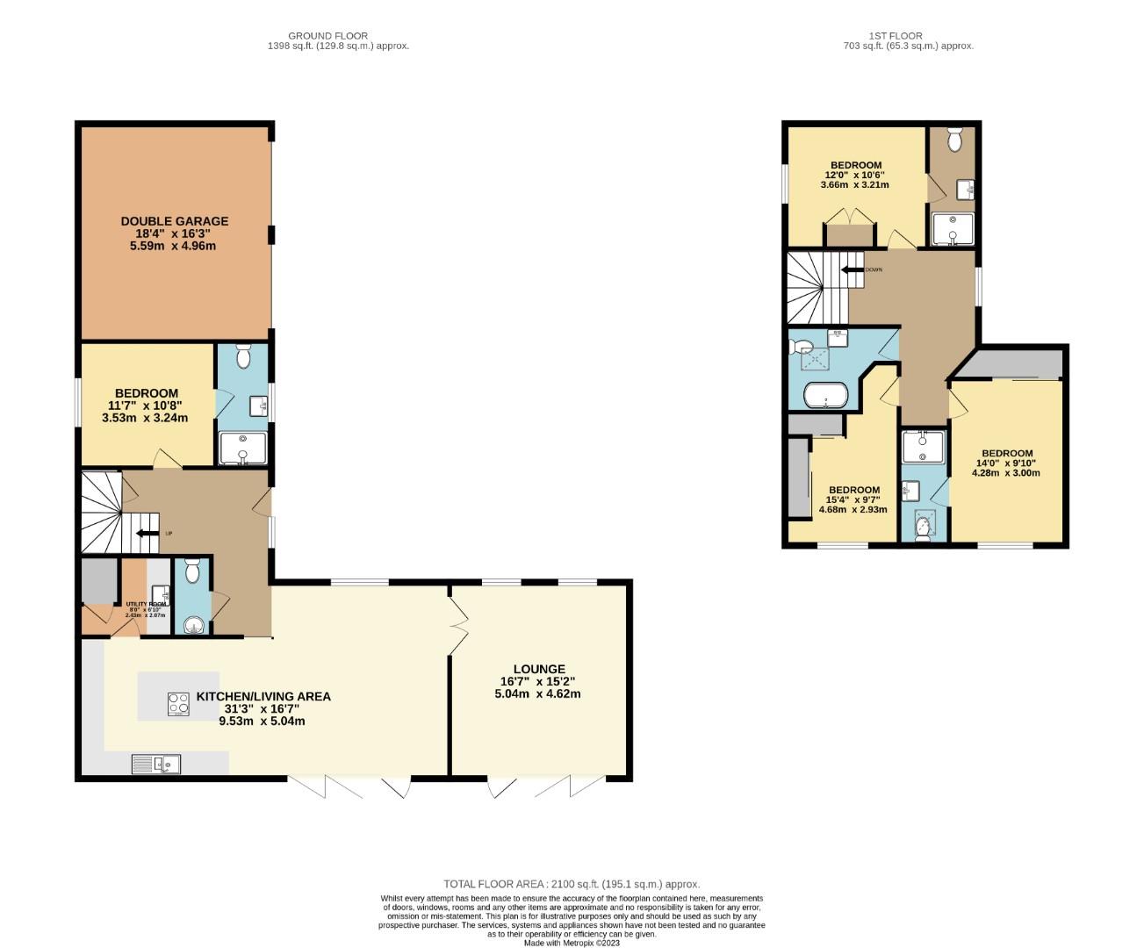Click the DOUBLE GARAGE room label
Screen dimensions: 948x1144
tap(174, 221)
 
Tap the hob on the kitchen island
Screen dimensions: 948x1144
tap(178, 704)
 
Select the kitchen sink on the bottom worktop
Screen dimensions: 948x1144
tap(156, 765)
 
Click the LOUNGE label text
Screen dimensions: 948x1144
tap(538, 669)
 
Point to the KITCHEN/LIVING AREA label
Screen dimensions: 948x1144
tap(263, 696)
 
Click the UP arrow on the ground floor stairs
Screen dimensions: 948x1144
tap(147, 533)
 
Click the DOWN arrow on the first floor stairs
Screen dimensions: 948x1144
tap(852, 269)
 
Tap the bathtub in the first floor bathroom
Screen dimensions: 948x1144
tap(825, 395)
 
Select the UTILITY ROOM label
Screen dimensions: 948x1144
tap(145, 605)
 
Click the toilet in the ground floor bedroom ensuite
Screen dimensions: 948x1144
tap(244, 355)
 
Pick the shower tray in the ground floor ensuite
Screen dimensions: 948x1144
tap(242, 448)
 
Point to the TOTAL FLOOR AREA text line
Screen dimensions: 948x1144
tap(572, 884)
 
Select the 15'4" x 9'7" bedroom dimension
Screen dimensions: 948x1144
tap(853, 500)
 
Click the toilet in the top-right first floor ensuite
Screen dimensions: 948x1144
tap(955, 138)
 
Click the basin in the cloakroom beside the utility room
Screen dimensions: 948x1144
tap(193, 624)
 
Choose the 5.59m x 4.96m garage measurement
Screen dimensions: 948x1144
tap(174, 246)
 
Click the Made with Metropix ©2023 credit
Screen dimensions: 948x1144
tap(572, 943)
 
